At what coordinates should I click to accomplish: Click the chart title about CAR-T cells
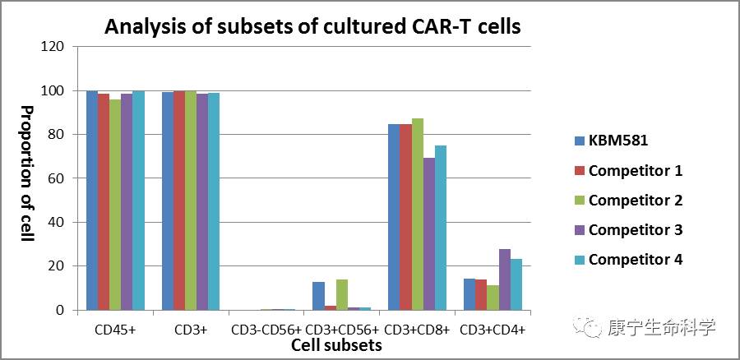[x=312, y=26]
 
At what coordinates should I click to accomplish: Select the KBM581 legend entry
[x=617, y=141]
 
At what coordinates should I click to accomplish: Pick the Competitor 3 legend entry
[x=635, y=230]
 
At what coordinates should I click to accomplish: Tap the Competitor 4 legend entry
[x=635, y=260]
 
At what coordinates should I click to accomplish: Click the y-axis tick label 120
[x=53, y=47]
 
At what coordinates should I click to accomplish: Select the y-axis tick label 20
[x=56, y=266]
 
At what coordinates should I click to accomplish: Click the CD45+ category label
[x=114, y=330]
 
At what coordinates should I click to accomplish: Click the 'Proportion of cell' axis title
[x=26, y=173]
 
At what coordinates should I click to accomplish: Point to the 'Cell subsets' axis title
[x=336, y=345]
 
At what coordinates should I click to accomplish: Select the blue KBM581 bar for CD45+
[x=92, y=200]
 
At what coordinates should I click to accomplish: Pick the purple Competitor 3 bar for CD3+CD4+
[x=505, y=279]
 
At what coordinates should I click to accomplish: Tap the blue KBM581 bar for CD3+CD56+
[x=319, y=296]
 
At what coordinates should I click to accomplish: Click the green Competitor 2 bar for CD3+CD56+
[x=342, y=294]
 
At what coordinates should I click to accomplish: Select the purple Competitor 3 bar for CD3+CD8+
[x=429, y=233]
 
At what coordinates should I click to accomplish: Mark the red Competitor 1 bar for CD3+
[x=179, y=200]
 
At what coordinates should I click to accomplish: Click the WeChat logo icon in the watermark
[x=591, y=327]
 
